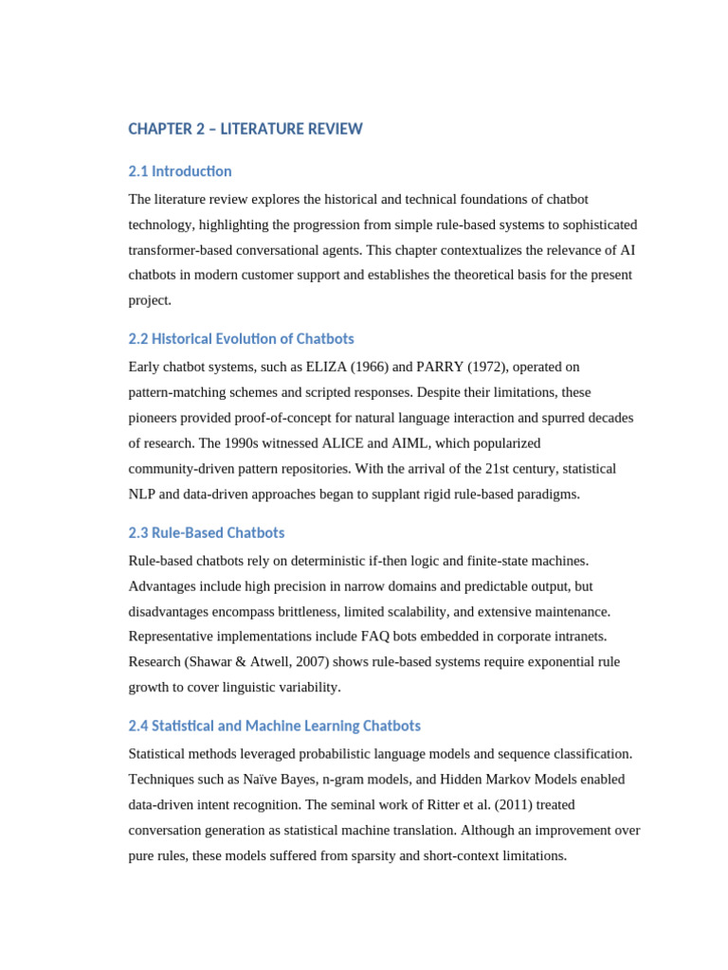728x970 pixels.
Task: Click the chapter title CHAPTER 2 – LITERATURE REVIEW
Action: tap(245, 129)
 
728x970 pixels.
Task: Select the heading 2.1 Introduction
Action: tap(179, 171)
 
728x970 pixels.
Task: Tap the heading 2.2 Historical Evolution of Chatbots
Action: tap(241, 339)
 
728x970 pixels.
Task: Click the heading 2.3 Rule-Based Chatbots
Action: tap(206, 533)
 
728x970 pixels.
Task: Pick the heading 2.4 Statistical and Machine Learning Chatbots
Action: tap(274, 727)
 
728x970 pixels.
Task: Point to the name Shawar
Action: tap(210, 662)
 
